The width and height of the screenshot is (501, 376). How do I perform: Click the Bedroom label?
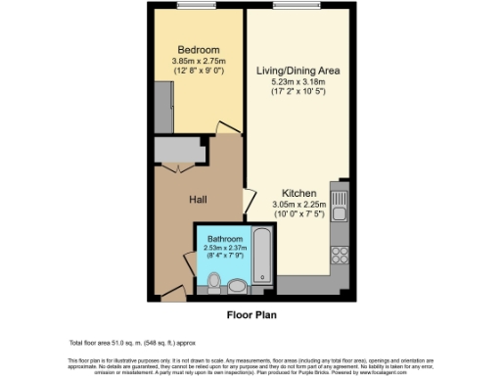198,50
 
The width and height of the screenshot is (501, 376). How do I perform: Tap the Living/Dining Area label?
298,70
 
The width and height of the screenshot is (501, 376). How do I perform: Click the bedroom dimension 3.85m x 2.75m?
198,63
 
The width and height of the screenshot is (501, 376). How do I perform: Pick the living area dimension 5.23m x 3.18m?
298,83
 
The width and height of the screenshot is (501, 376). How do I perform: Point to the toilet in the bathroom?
214,282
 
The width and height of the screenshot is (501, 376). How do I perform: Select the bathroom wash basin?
237,286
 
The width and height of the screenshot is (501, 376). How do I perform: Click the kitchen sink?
340,210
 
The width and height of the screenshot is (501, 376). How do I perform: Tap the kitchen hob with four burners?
340,256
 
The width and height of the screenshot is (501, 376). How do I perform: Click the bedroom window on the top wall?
198,7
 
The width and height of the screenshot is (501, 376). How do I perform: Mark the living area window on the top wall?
298,7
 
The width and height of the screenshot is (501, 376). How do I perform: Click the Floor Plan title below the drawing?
250,315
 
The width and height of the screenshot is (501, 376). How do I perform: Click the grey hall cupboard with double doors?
179,150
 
